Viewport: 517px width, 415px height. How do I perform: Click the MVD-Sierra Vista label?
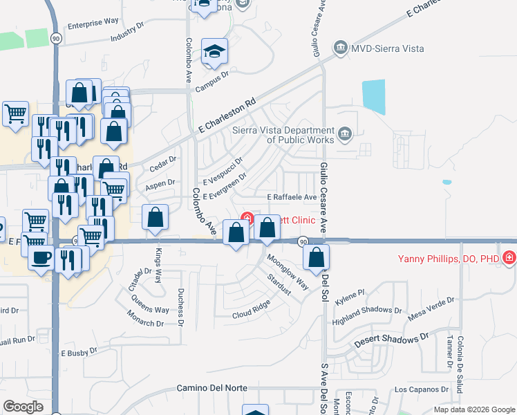pyautogui.click(x=387, y=48)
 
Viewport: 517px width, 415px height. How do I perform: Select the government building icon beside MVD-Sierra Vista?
pyautogui.click(x=340, y=48)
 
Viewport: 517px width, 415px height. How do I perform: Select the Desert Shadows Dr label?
pyautogui.click(x=387, y=341)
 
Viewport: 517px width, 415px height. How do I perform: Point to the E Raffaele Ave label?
pyautogui.click(x=292, y=197)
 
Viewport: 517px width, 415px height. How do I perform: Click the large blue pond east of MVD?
pyautogui.click(x=373, y=97)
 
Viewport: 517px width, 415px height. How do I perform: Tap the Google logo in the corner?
pyautogui.click(x=23, y=406)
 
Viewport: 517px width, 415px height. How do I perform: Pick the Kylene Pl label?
pyautogui.click(x=350, y=294)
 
